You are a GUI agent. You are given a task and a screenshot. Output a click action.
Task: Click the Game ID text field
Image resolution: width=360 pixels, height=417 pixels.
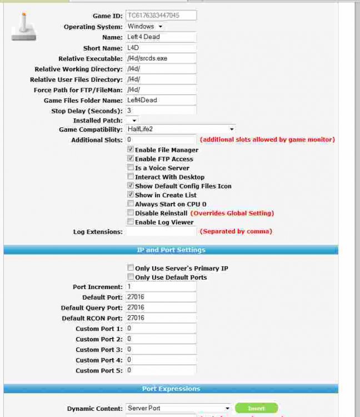click(161, 16)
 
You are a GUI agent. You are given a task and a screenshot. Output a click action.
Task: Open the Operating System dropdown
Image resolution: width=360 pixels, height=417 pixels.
click(144, 26)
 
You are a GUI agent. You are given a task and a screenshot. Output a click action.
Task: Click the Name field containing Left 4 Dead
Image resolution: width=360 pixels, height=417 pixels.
click(161, 37)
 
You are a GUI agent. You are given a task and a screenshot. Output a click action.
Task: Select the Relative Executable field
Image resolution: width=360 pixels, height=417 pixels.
click(161, 58)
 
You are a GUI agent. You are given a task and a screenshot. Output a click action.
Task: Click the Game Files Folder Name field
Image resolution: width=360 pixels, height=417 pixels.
click(161, 100)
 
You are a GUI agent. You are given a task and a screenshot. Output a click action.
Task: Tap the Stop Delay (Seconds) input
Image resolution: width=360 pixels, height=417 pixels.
click(161, 111)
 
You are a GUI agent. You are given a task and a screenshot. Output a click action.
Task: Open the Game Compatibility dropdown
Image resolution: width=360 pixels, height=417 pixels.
click(180, 129)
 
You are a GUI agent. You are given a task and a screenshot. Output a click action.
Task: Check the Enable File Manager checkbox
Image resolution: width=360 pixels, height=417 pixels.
click(130, 150)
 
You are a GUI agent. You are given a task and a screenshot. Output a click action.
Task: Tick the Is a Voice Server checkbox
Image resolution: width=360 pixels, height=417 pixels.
click(130, 168)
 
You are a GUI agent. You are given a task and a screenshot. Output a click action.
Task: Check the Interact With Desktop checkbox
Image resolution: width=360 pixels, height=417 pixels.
click(130, 177)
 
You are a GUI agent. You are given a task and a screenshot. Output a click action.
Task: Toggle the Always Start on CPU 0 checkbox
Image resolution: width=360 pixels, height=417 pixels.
click(130, 204)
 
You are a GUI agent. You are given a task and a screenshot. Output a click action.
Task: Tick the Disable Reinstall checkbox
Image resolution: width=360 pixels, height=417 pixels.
click(130, 213)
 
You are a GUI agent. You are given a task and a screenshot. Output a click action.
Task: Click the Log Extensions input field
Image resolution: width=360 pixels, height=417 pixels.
click(161, 231)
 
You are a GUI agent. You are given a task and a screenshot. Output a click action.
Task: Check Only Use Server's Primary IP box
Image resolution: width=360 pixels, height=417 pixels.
click(130, 268)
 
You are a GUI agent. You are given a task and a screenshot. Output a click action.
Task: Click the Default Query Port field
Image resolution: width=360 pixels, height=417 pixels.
click(161, 307)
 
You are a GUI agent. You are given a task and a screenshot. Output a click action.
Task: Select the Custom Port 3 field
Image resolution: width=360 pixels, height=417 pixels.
click(161, 349)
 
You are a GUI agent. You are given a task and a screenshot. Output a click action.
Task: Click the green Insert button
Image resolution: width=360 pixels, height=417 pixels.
click(256, 408)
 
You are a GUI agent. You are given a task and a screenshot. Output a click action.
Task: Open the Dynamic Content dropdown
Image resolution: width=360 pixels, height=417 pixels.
click(178, 408)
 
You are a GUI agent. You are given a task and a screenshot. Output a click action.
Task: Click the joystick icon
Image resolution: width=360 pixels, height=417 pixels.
click(23, 28)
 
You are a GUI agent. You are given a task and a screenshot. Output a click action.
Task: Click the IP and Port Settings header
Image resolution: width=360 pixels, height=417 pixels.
click(171, 250)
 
